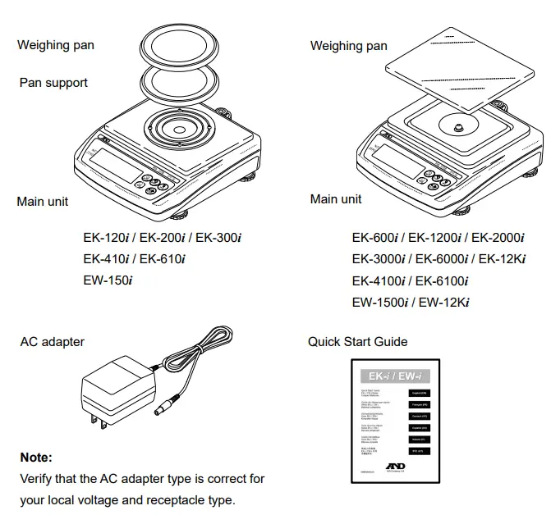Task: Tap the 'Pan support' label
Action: pos(53,83)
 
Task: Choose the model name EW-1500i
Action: pos(380,303)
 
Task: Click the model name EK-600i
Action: pos(375,238)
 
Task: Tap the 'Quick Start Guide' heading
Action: pos(357,341)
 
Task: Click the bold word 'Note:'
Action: pos(35,457)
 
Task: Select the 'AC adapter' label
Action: pos(53,341)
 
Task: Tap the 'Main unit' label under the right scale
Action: pos(336,199)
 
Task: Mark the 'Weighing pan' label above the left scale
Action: pos(56,45)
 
